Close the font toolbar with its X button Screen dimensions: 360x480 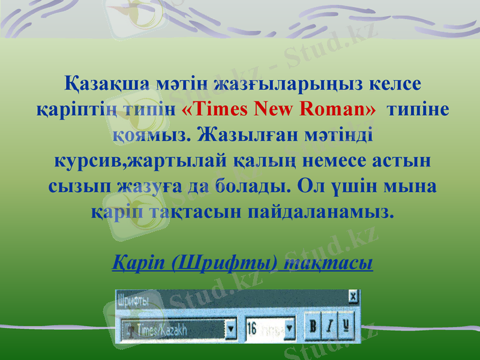point(353,296)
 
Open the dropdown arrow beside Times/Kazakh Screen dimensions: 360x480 point(230,329)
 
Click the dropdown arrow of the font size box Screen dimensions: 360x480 point(290,329)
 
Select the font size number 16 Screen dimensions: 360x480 point(252,329)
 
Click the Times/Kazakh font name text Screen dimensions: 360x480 point(162,329)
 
